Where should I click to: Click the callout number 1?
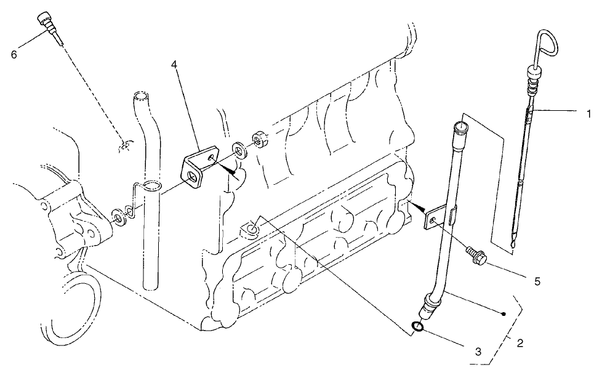tap(589, 113)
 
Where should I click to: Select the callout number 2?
tap(520, 343)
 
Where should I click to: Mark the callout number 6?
tap(14, 54)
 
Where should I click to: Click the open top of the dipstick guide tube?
tap(459, 127)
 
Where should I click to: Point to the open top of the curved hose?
tap(141, 97)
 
